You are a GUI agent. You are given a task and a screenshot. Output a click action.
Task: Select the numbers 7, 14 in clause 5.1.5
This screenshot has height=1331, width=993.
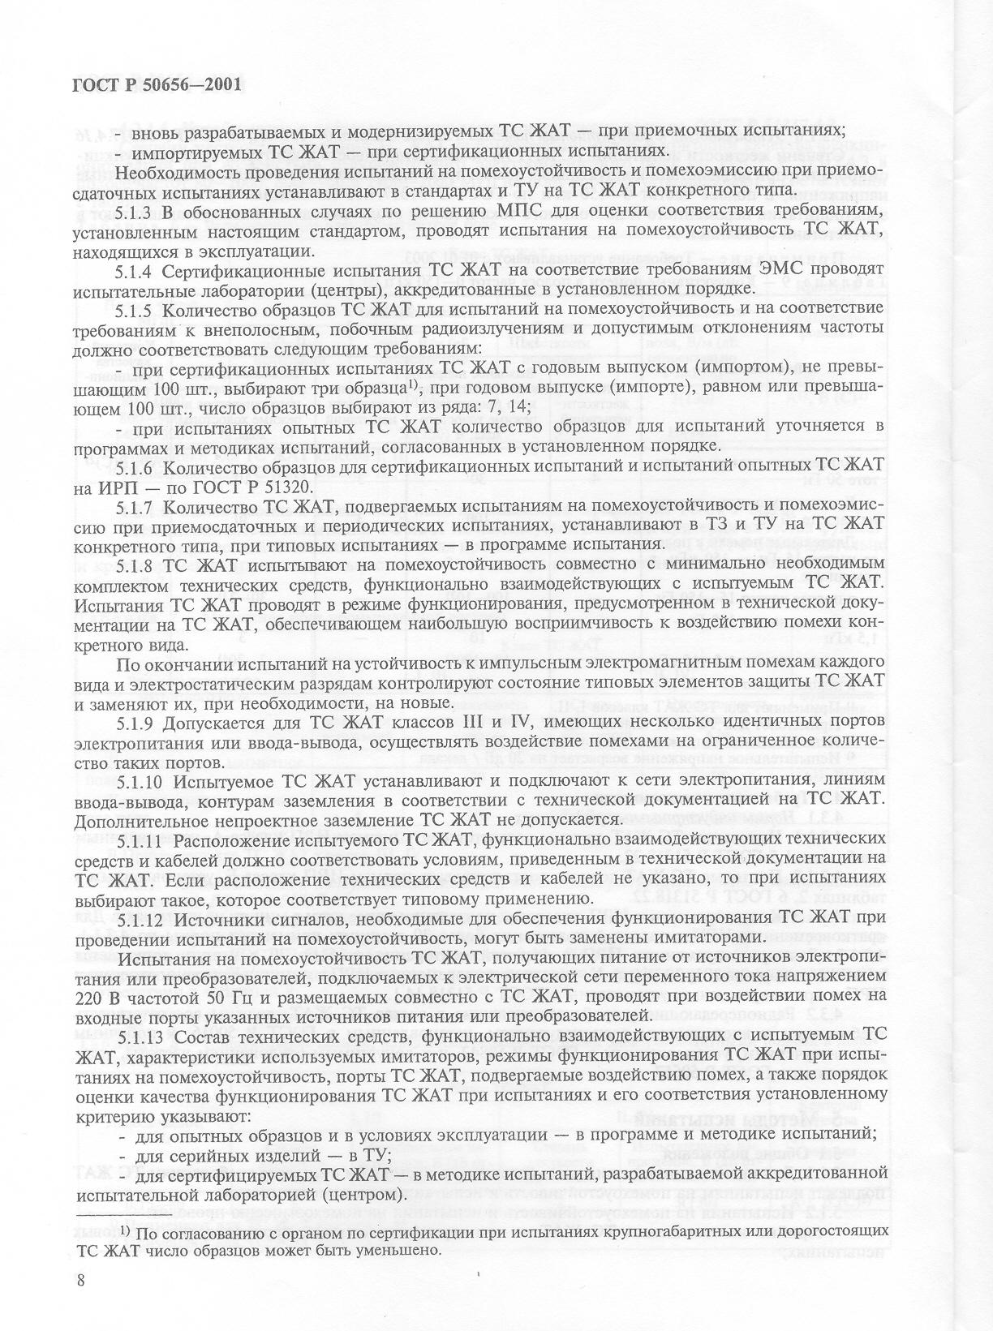[504, 406]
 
